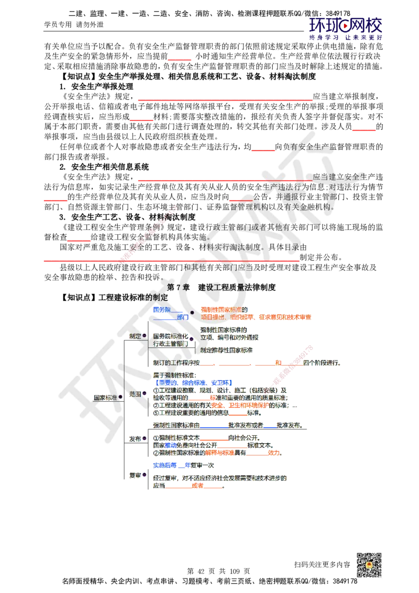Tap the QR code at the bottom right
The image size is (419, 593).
pos(368,565)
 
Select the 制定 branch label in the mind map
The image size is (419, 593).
pos(135,335)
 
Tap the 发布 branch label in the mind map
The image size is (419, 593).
pos(135,438)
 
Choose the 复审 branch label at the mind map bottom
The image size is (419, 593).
pos(135,476)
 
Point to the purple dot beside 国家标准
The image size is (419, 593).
pos(120,398)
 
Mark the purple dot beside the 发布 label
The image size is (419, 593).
pos(144,438)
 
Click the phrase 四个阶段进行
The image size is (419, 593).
pos(323,363)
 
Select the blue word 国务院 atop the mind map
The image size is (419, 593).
pos(161,310)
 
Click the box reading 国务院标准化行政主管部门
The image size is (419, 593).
pos(170,339)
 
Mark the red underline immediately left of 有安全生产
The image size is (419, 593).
pos(263,151)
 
